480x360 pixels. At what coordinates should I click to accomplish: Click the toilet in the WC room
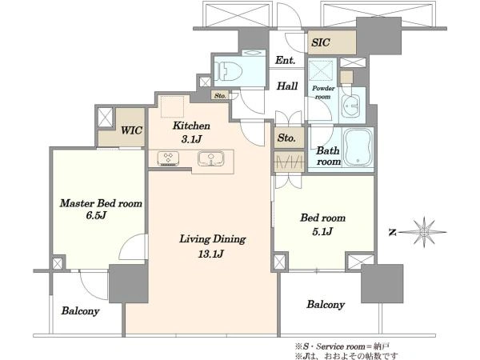pyautogui.click(x=228, y=71)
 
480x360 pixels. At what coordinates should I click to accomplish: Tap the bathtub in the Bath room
pyautogui.click(x=358, y=147)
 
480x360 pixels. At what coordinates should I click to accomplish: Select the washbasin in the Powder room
pyautogui.click(x=351, y=106)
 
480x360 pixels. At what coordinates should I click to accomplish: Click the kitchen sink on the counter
pyautogui.click(x=211, y=158)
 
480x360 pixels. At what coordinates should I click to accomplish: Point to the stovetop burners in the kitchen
pyautogui.click(x=168, y=159)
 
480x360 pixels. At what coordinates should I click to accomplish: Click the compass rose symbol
pyautogui.click(x=424, y=232)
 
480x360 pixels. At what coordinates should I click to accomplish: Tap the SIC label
pyautogui.click(x=321, y=42)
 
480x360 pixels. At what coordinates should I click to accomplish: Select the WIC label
pyautogui.click(x=131, y=130)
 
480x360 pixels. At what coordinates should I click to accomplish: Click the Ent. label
pyautogui.click(x=285, y=60)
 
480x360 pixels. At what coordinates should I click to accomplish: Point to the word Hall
pyautogui.click(x=287, y=86)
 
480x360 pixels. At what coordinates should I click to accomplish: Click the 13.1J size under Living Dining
pyautogui.click(x=211, y=254)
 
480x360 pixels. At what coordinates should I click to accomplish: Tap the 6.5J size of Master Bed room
pyautogui.click(x=96, y=215)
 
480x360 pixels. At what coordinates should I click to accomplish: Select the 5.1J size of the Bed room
pyautogui.click(x=322, y=231)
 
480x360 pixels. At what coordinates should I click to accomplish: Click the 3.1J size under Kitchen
pyautogui.click(x=191, y=139)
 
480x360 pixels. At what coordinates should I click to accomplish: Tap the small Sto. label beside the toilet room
pyautogui.click(x=220, y=96)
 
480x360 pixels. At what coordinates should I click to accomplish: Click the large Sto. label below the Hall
pyautogui.click(x=286, y=138)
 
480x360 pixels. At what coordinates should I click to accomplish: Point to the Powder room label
pyautogui.click(x=323, y=92)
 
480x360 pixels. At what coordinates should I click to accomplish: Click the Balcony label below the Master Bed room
pyautogui.click(x=80, y=311)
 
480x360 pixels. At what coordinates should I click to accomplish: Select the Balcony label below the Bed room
pyautogui.click(x=326, y=305)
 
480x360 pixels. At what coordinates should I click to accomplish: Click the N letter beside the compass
pyautogui.click(x=393, y=233)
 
